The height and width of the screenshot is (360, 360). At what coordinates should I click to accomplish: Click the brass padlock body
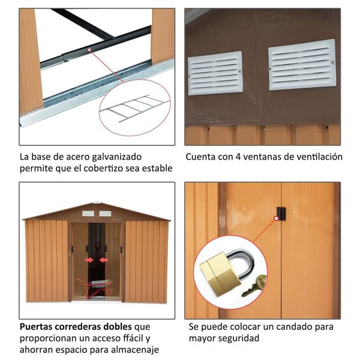click(x=220, y=274)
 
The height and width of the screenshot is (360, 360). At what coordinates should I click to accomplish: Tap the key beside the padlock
click(x=254, y=286)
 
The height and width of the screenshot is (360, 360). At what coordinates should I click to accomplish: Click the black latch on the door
click(x=281, y=214)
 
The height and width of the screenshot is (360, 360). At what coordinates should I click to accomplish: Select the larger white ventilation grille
click(x=302, y=65)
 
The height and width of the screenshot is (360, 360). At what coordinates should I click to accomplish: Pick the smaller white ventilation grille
click(x=215, y=73)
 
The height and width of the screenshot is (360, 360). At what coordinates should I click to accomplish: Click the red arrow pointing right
click(x=89, y=260)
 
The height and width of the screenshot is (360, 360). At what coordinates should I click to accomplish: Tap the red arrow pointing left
click(x=104, y=260)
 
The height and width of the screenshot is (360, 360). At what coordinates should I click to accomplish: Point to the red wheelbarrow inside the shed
click(x=95, y=288)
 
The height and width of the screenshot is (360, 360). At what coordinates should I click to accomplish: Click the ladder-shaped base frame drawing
click(x=134, y=108)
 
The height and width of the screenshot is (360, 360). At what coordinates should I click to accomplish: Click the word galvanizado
click(x=116, y=157)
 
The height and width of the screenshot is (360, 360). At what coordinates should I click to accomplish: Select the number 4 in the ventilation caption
click(x=238, y=157)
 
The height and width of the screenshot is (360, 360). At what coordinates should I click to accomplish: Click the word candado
click(x=295, y=327)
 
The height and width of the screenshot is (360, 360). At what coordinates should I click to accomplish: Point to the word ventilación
click(x=320, y=157)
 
